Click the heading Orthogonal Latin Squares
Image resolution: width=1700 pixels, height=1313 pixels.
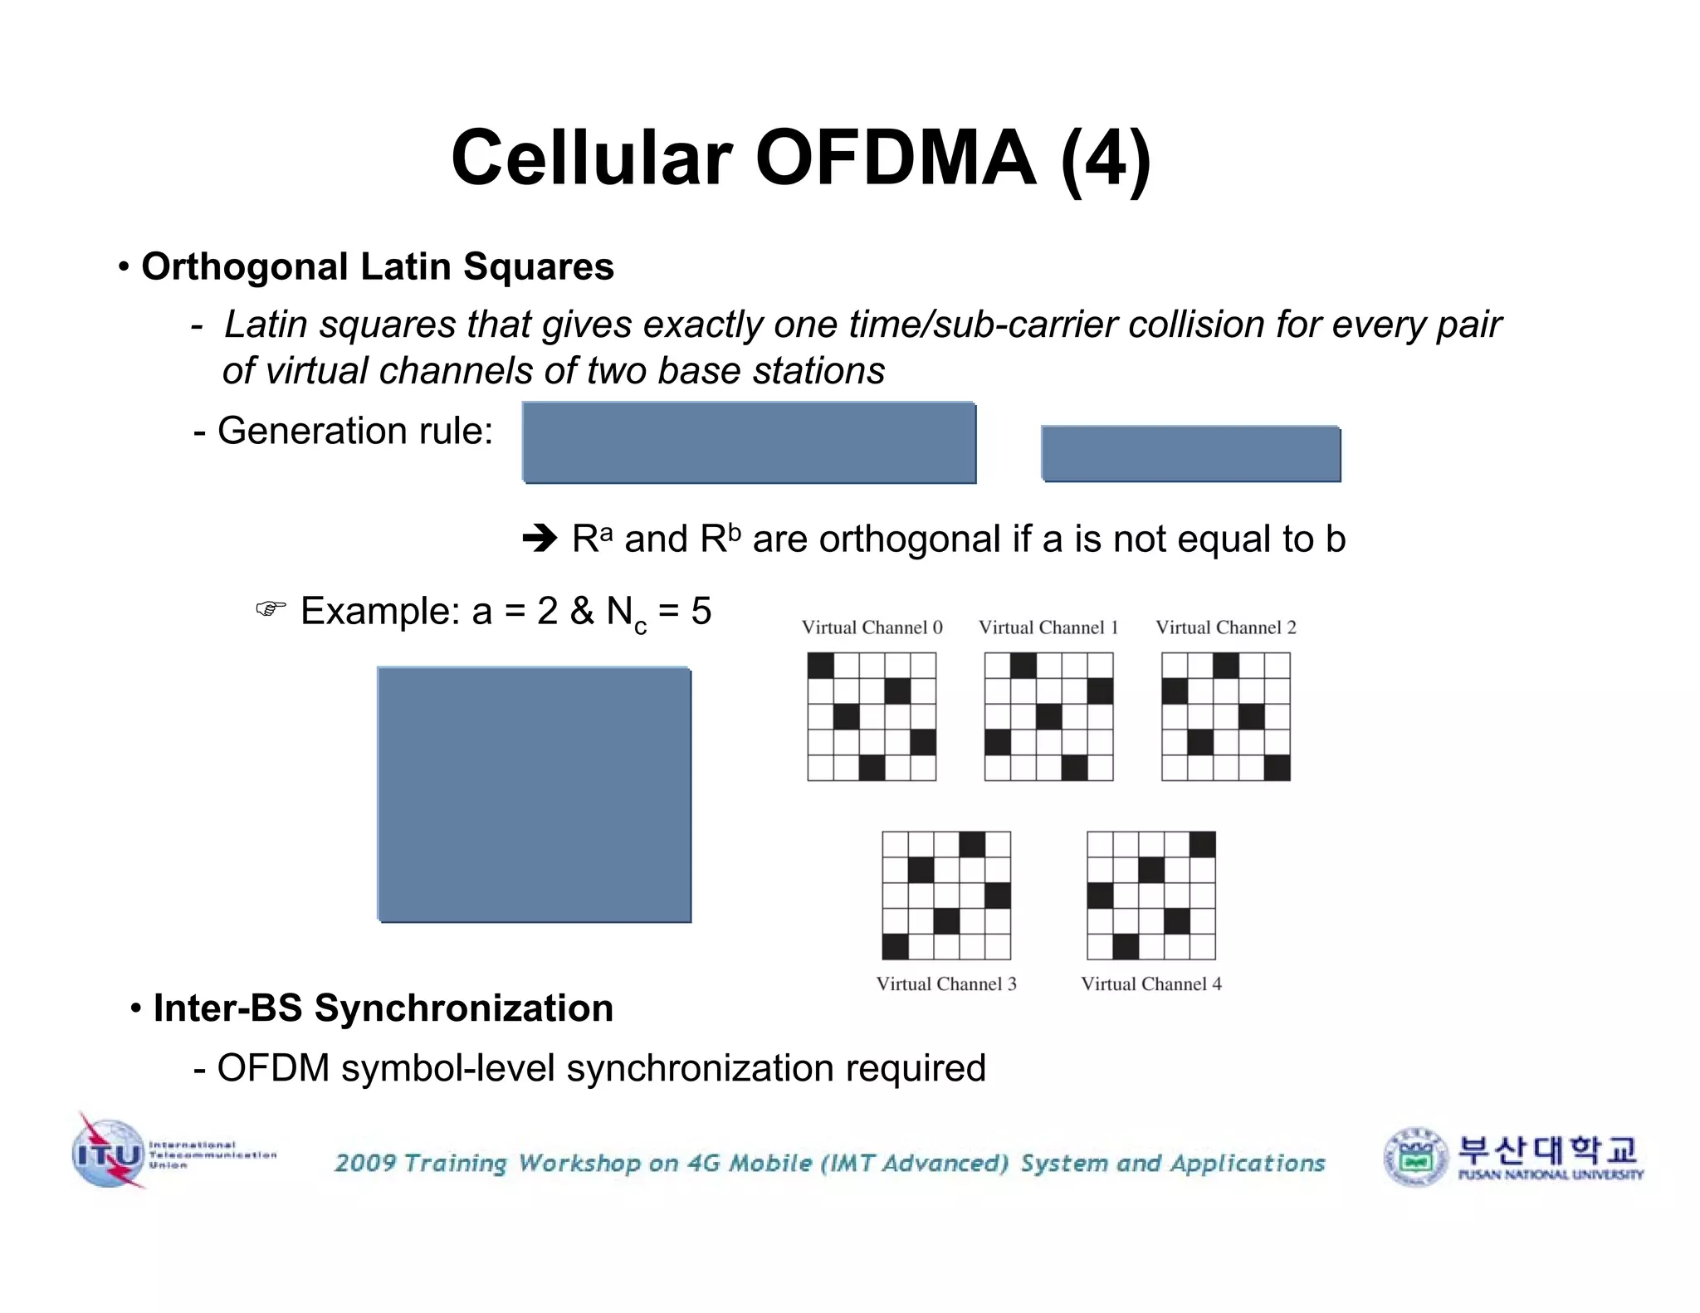click(377, 266)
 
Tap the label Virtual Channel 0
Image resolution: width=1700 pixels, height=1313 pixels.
click(872, 627)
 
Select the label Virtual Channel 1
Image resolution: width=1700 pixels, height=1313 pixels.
click(1048, 627)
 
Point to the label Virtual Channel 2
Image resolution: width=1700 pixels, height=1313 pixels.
click(1225, 627)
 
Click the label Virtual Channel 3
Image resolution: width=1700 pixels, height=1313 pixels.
click(946, 984)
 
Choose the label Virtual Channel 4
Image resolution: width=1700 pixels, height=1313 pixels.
click(1151, 984)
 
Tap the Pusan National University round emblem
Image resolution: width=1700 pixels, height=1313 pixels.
click(1416, 1157)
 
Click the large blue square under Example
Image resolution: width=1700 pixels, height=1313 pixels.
click(535, 794)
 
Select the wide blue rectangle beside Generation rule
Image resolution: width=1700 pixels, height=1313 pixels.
click(749, 442)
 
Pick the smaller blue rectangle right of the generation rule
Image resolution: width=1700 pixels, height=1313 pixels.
click(1190, 454)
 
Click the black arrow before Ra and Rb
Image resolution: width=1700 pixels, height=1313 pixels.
click(540, 539)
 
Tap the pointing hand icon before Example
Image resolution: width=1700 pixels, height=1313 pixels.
click(271, 610)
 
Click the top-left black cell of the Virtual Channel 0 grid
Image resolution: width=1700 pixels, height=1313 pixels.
click(820, 666)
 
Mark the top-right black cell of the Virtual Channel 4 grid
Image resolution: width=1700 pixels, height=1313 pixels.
click(1202, 844)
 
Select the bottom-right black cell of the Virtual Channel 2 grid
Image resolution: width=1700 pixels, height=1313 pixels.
click(1277, 768)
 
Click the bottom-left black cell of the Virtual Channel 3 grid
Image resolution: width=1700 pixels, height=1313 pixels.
click(895, 946)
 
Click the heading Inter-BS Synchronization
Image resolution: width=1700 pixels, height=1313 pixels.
click(383, 1008)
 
